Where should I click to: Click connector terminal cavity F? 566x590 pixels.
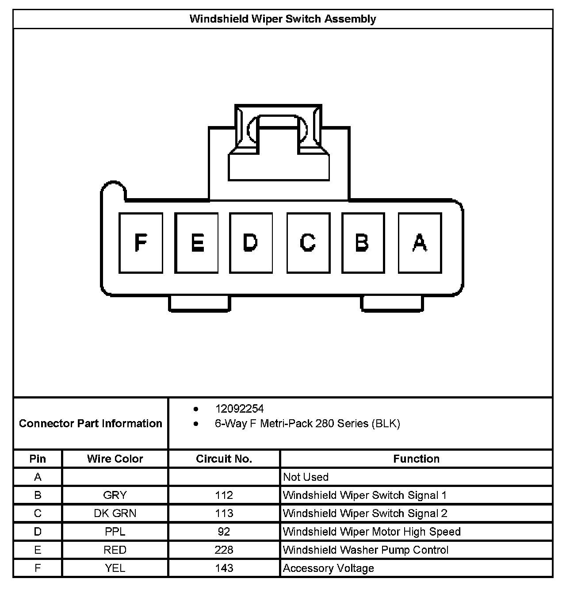click(141, 242)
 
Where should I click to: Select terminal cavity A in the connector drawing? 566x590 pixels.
click(420, 242)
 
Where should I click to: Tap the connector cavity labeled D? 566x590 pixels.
click(251, 242)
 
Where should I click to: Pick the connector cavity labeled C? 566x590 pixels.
click(308, 242)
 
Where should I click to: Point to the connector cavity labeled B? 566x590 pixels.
click(363, 242)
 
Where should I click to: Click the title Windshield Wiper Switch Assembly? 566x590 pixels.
click(283, 19)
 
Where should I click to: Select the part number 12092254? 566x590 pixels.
click(239, 409)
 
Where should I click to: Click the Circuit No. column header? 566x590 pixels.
click(224, 459)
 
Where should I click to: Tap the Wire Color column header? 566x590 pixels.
click(115, 459)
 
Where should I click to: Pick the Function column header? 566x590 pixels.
click(416, 459)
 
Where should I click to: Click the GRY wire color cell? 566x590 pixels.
click(115, 495)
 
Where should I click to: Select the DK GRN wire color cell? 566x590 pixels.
click(115, 513)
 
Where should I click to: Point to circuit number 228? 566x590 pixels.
click(224, 550)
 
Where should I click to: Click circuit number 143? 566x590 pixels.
click(224, 568)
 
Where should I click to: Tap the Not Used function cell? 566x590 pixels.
click(306, 477)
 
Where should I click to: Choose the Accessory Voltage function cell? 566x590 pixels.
click(328, 568)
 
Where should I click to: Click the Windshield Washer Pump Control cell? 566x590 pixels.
click(365, 550)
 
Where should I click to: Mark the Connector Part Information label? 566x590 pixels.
click(91, 423)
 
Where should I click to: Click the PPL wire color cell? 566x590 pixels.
click(115, 532)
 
